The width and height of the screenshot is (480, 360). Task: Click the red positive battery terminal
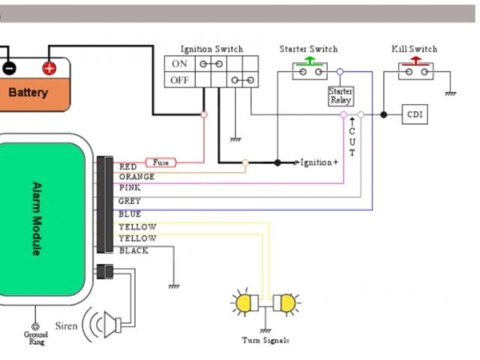(x=49, y=68)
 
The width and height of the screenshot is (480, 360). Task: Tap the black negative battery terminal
(x=9, y=68)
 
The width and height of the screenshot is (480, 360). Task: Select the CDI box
(x=415, y=115)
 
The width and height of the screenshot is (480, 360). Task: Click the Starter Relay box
(x=340, y=95)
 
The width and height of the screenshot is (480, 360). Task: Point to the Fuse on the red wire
(x=161, y=162)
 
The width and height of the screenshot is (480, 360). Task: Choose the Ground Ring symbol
(x=35, y=328)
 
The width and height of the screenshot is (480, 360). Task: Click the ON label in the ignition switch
(x=179, y=64)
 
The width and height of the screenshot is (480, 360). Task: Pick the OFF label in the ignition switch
(x=179, y=80)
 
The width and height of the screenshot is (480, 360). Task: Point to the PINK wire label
(x=130, y=188)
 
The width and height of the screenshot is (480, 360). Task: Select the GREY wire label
(x=129, y=202)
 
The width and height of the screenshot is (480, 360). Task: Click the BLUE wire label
(x=129, y=214)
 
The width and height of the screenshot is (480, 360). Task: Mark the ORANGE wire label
(x=136, y=177)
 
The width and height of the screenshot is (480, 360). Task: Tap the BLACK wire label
(x=133, y=251)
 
